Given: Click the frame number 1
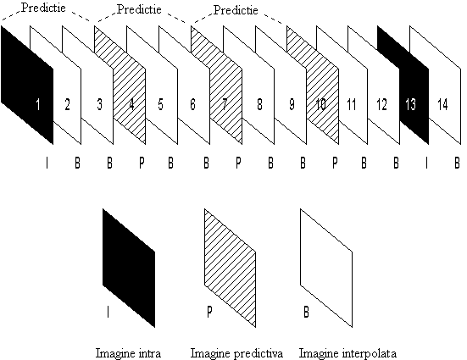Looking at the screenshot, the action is coord(38,104).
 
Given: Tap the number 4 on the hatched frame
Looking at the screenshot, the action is coord(131,104).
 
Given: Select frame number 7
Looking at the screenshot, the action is coord(225,104).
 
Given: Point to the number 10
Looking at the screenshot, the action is coord(320,104).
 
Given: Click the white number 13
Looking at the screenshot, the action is coord(410,104).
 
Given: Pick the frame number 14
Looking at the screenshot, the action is coord(442,104).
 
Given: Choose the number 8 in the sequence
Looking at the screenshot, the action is coord(259,104).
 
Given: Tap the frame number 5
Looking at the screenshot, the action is coord(160,104).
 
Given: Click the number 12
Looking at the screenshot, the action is coord(381,104).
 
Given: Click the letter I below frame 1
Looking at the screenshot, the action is coord(47,163).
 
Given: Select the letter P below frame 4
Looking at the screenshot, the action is coord(142,163).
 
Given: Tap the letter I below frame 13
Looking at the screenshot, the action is coord(426,163).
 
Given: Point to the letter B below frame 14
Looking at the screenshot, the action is coord(457,163).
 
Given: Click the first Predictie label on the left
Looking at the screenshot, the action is coord(43,8).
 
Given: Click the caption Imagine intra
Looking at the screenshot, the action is coord(128,353).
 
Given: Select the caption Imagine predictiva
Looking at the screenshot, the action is coord(236,353).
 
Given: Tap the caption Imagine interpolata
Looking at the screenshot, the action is coord(347,353).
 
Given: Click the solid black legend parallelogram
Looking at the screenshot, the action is coord(129,268).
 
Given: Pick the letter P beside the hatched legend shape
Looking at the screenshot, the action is coord(209,312).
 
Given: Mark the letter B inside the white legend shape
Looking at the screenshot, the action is coord(306,312).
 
